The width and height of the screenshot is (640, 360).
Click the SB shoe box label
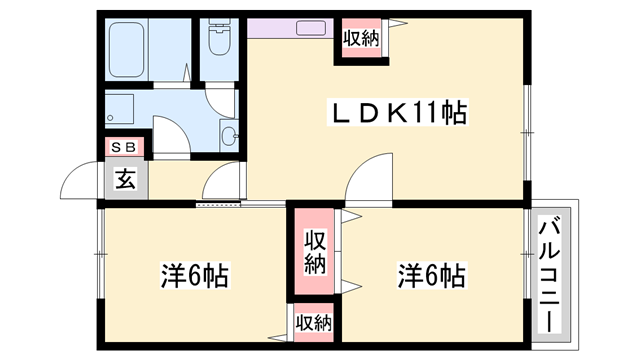point(125,147)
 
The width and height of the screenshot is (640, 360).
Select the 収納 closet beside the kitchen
point(362,38)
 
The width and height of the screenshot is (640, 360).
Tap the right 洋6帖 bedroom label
point(432,273)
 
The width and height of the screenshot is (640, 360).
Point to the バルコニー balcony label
point(549,275)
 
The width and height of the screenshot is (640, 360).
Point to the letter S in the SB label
point(117,147)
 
